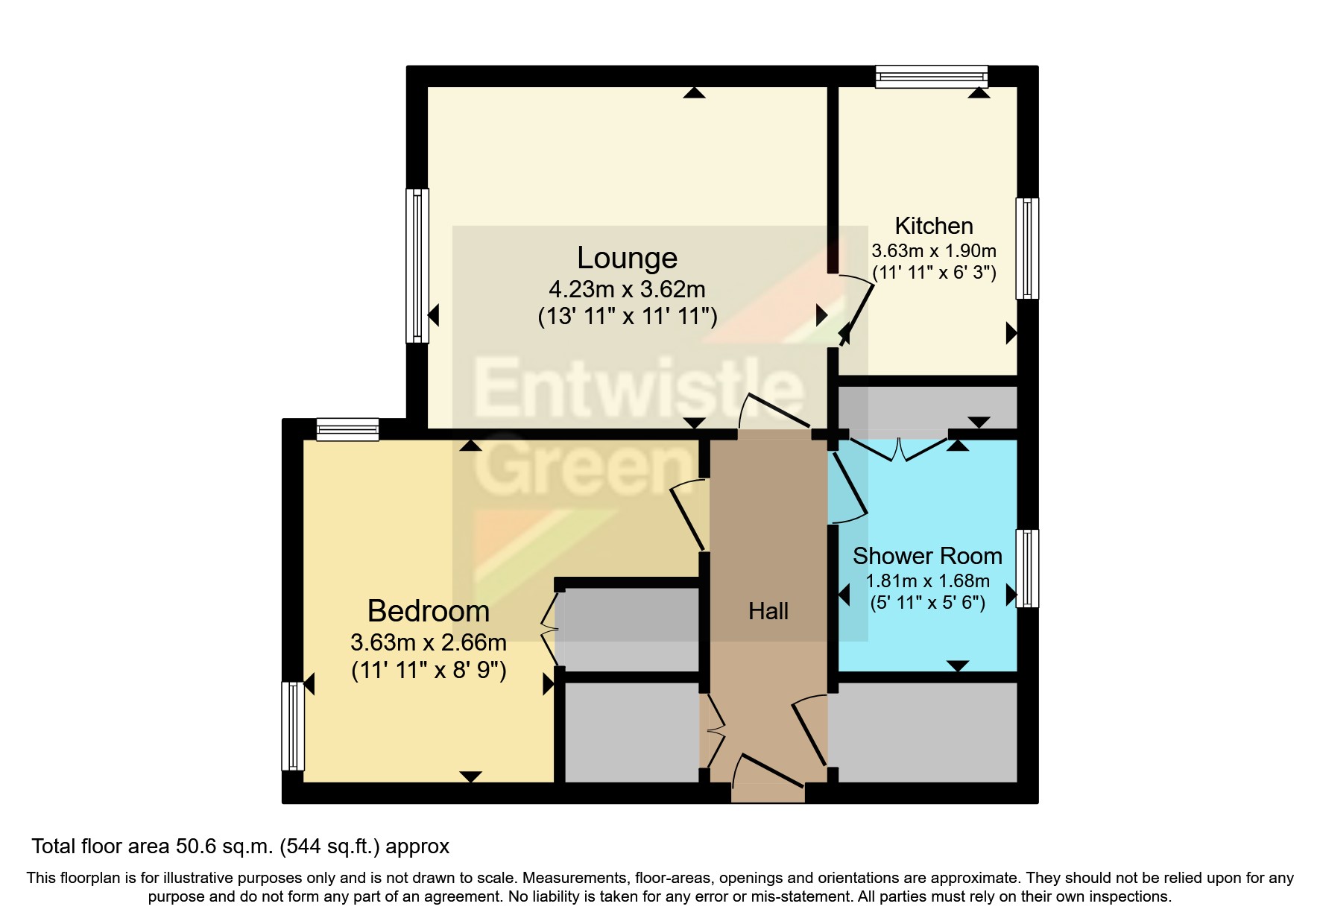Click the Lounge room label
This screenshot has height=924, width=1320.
tap(627, 258)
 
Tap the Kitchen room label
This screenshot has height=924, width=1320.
tap(933, 226)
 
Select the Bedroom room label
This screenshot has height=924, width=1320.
tap(429, 611)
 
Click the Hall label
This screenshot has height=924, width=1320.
tap(768, 611)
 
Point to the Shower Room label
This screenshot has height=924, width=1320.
tap(926, 556)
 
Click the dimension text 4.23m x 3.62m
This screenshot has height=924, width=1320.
tap(627, 289)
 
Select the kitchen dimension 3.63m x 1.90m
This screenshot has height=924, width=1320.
tap(933, 251)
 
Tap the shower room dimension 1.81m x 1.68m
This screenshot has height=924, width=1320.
tap(926, 581)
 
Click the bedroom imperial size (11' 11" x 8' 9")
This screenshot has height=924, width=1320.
tap(429, 671)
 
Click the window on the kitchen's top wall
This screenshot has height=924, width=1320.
tap(931, 77)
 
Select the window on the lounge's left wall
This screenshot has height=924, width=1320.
tap(417, 265)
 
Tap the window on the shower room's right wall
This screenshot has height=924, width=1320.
tap(1027, 568)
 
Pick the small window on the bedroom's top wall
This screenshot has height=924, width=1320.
tap(347, 429)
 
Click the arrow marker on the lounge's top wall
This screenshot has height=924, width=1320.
tap(694, 92)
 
